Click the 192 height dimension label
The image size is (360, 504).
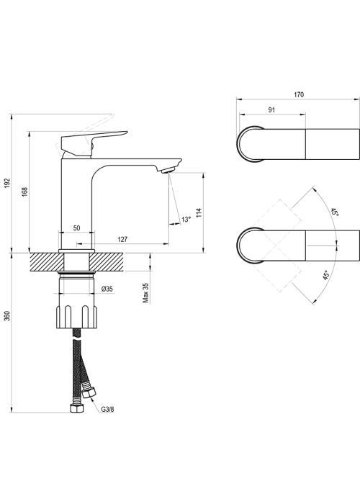click(8, 184)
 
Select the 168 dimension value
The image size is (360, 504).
click(25, 192)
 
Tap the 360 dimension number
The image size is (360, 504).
click(8, 315)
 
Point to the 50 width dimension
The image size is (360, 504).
click(76, 228)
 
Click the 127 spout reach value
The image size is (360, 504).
click(122, 239)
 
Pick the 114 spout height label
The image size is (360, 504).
click(199, 213)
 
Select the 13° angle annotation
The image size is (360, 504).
click(186, 220)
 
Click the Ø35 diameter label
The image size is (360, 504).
click(107, 289)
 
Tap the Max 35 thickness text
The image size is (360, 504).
click(145, 293)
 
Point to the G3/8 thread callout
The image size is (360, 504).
click(107, 409)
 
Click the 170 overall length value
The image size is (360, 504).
click(299, 95)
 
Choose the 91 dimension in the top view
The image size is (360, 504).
click(271, 110)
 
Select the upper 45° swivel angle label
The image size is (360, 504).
click(335, 212)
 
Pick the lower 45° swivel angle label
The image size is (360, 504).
click(327, 276)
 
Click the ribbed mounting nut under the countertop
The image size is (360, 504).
click(76, 317)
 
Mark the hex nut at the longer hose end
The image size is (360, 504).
click(76, 408)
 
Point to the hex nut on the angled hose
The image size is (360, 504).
click(89, 392)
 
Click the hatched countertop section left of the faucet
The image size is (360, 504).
click(47, 262)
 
